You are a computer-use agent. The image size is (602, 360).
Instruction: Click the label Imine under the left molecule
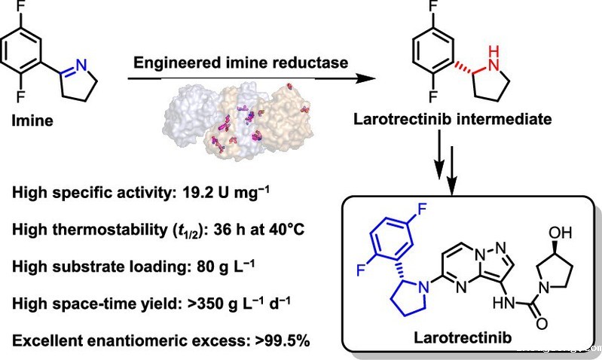pos(32,121)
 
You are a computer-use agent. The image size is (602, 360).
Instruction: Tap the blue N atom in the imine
pos(81,65)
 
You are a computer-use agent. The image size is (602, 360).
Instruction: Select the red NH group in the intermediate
pos(494,58)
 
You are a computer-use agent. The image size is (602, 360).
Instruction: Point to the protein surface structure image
pos(238,119)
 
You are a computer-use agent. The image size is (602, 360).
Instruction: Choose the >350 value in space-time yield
pos(206,304)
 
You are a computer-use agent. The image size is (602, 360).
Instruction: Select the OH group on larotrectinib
pos(560,233)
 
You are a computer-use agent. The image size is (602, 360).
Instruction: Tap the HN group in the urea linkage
pos(504,304)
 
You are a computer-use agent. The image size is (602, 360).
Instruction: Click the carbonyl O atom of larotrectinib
pos(541,324)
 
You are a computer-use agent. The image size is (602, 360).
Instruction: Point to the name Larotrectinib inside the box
pos(463,337)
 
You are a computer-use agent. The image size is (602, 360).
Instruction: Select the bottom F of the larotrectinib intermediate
pos(433,96)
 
